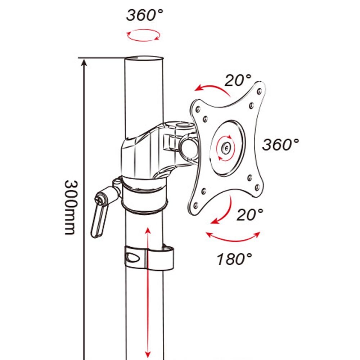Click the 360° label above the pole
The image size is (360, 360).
(144, 15)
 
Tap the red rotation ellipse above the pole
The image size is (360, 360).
(143, 35)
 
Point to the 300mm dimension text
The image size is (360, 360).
(71, 207)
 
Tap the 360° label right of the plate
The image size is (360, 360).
(280, 145)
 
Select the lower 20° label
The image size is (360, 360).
(250, 215)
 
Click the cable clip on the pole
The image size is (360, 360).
(149, 258)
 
